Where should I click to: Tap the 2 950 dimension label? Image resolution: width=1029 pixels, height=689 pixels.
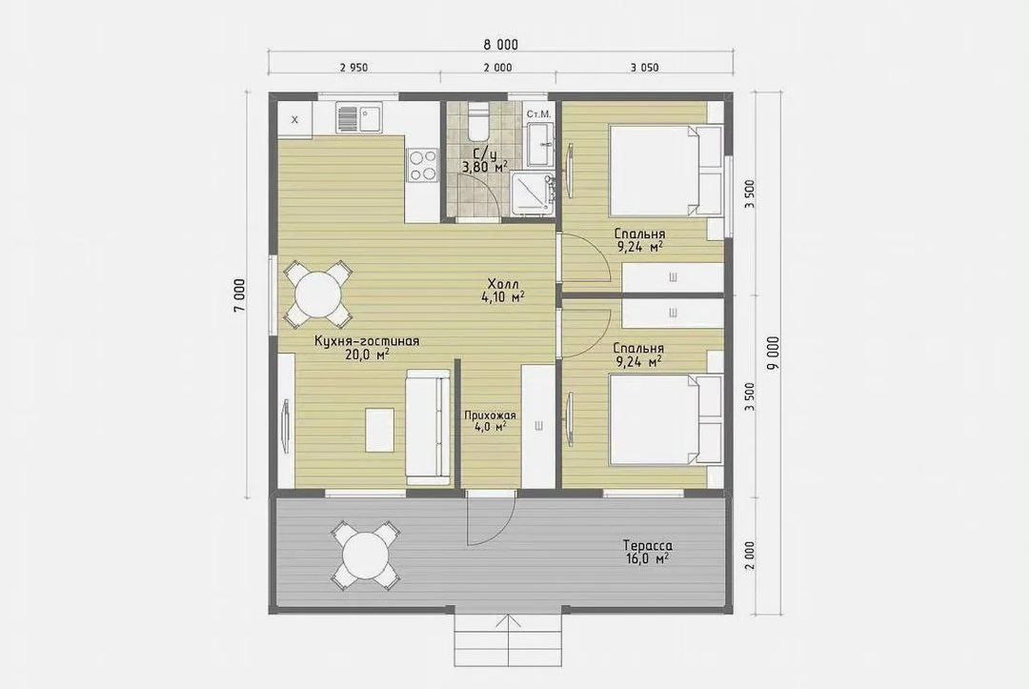click(353, 68)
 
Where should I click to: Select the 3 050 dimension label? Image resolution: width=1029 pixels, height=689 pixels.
click(645, 68)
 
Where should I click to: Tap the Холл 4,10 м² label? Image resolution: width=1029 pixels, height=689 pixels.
click(504, 290)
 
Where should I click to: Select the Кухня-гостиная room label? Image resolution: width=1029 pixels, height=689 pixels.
click(367, 347)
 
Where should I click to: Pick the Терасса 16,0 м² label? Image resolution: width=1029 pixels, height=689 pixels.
click(648, 552)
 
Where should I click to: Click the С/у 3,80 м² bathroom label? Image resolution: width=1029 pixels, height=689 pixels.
click(484, 160)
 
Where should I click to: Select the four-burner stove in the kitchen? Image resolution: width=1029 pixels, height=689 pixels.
click(421, 166)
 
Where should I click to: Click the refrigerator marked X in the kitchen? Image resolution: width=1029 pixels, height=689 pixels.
click(294, 119)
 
